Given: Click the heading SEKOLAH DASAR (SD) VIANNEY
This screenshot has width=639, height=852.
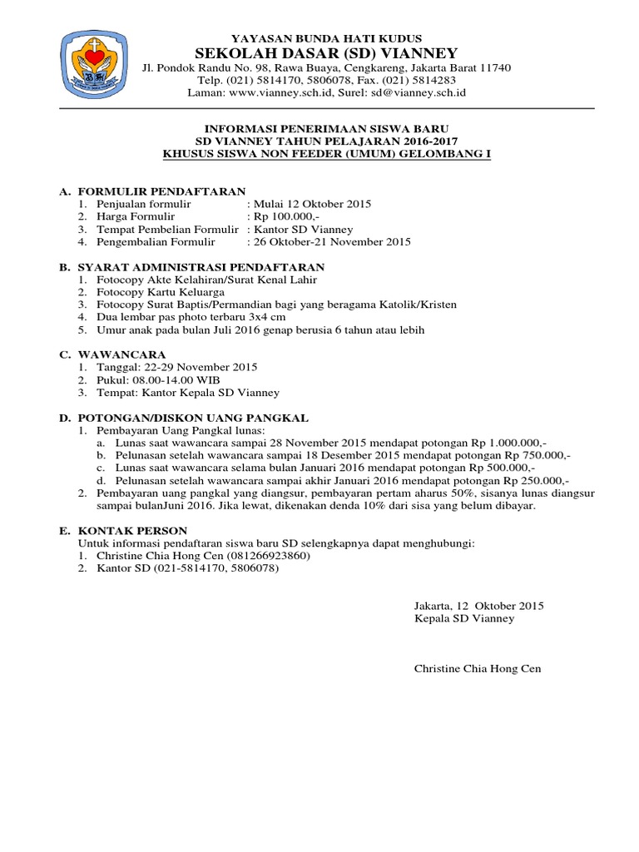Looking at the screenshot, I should tap(326, 53).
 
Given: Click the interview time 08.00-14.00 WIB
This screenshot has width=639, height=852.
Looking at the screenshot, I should tap(176, 379).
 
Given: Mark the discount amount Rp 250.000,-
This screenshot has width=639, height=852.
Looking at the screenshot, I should tap(533, 480).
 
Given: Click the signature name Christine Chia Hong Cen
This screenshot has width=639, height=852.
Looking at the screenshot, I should tap(477, 669).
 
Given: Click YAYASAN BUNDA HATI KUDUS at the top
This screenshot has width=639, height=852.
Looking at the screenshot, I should tap(326, 38).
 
